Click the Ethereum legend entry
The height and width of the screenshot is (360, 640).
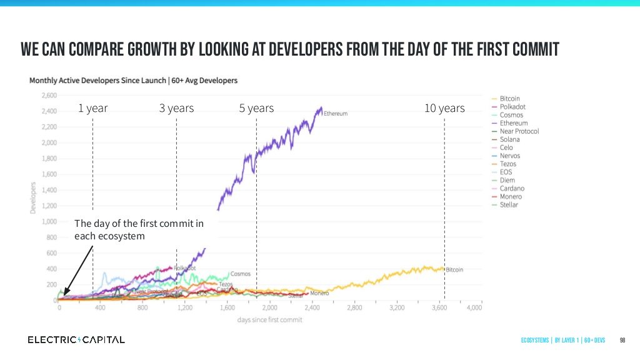click(x=514, y=123)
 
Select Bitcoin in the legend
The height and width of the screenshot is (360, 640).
click(x=510, y=99)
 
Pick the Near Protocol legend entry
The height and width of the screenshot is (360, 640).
click(x=519, y=131)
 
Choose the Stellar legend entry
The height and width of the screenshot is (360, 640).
click(x=509, y=204)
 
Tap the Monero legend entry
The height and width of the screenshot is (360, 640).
click(x=511, y=196)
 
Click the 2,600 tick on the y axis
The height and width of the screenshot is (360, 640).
click(x=48, y=96)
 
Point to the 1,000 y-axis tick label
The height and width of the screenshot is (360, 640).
click(x=48, y=221)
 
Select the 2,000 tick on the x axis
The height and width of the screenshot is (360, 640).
click(x=269, y=308)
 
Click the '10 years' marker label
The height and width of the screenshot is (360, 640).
click(x=444, y=108)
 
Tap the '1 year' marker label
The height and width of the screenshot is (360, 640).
click(x=92, y=108)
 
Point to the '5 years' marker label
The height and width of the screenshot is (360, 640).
click(x=256, y=108)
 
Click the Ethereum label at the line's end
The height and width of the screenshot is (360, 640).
click(x=336, y=114)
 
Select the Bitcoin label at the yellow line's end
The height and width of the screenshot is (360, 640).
click(x=454, y=269)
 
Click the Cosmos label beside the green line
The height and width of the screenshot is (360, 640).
click(x=240, y=274)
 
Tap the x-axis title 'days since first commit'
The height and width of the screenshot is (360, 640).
click(x=269, y=319)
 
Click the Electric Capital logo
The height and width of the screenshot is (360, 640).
click(x=76, y=339)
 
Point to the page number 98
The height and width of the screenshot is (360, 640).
click(x=622, y=340)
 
